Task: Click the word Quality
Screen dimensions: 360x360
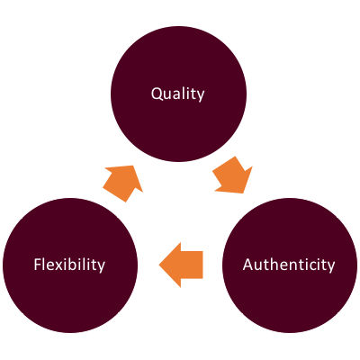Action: (177, 94)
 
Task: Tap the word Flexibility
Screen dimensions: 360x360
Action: (69, 265)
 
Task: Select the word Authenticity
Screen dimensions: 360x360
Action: (289, 265)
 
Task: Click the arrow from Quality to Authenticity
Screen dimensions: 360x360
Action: (233, 175)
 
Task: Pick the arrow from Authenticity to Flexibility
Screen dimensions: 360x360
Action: (181, 265)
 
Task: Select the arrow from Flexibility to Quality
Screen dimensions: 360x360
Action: (122, 184)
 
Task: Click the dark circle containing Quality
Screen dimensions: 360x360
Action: (178, 94)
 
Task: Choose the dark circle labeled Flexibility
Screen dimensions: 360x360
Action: (70, 265)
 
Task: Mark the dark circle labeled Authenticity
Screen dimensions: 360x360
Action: (290, 265)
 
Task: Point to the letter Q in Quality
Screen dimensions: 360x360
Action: (156, 94)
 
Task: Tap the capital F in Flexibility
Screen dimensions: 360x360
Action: (38, 264)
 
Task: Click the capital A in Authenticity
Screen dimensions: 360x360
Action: (248, 265)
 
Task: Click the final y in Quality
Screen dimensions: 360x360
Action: (200, 97)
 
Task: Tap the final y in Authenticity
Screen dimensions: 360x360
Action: (330, 267)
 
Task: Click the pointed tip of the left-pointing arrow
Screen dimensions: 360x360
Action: (159, 265)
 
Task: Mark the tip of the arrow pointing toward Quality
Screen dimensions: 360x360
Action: (133, 166)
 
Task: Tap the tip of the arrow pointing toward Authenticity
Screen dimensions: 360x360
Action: (243, 193)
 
